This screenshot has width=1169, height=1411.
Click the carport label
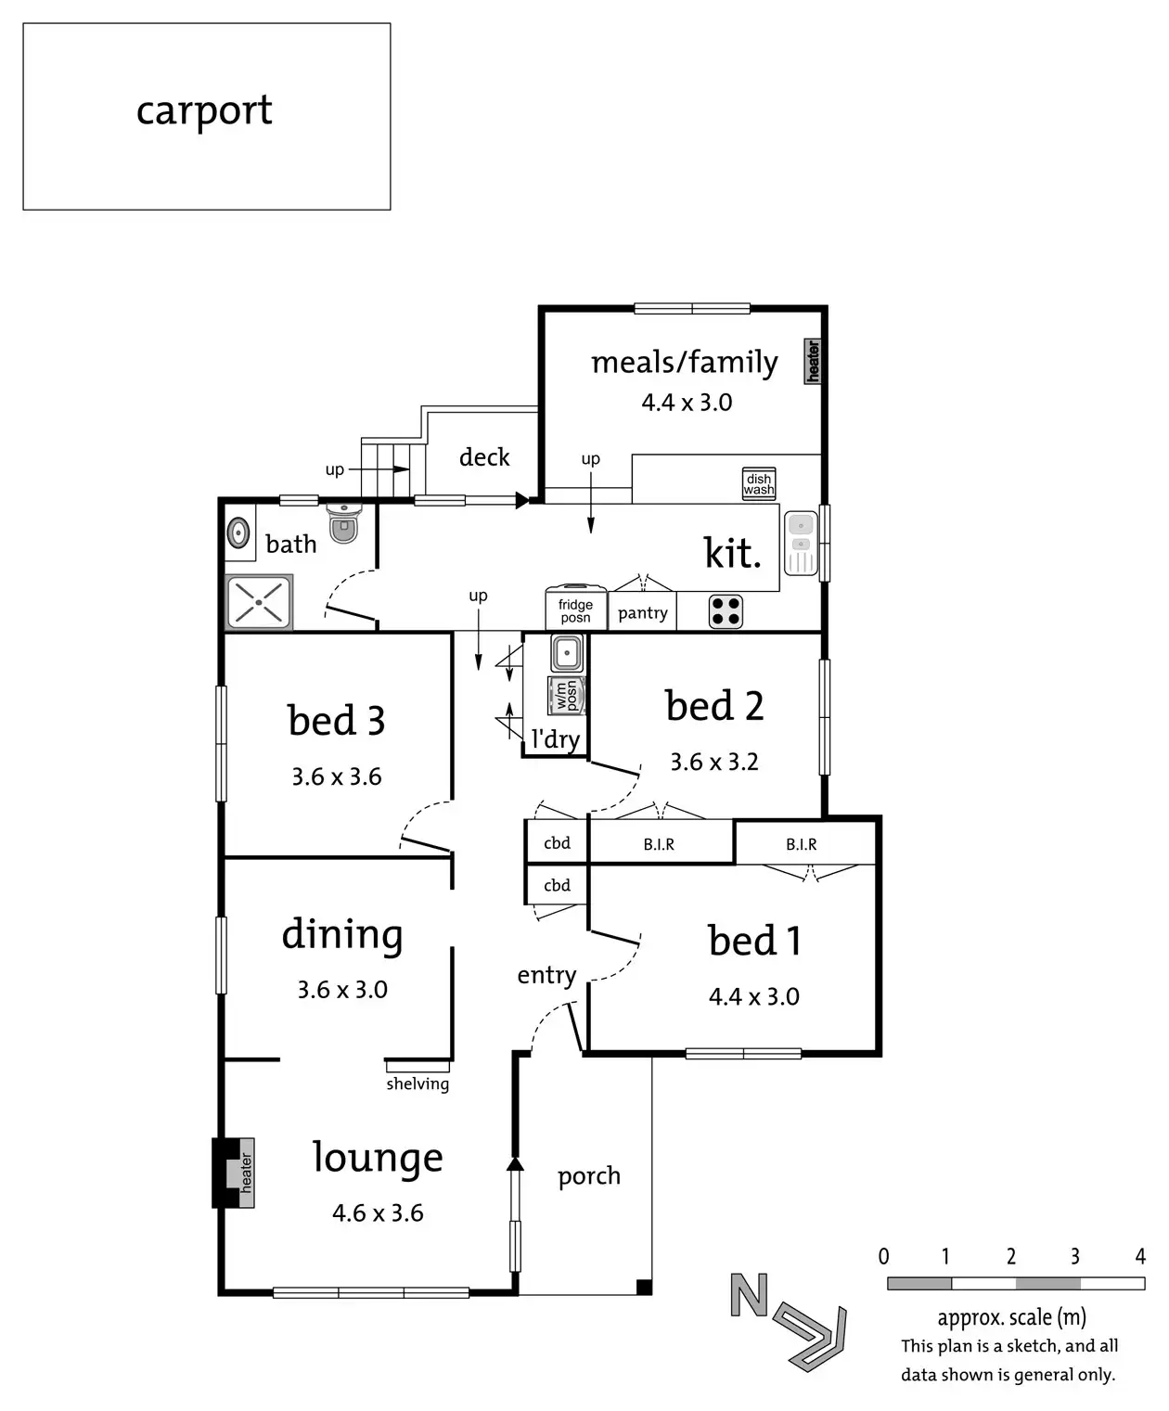coord(204,111)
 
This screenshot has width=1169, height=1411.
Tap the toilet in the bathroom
coord(343,524)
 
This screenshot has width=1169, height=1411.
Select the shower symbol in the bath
coord(259,602)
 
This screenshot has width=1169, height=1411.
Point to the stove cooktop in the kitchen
coord(726,612)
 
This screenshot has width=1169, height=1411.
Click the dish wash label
coord(759,484)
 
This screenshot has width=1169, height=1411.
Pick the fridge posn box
coord(575,609)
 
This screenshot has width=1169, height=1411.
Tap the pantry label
coord(642,613)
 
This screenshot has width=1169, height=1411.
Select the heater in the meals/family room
coord(813,361)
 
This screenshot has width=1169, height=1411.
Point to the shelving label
coord(417,1084)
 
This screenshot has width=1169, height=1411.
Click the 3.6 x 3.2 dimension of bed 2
coord(714,762)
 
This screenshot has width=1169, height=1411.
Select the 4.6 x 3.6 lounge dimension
coord(378,1212)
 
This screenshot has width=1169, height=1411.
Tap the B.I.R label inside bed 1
coord(802,844)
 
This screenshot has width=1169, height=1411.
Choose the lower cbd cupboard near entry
coord(557,885)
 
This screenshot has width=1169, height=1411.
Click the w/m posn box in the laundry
coord(567,695)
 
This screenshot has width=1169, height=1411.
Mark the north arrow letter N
coord(750,1295)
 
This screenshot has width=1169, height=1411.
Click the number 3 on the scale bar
coord(1074,1256)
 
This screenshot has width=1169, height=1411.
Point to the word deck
coord(484,457)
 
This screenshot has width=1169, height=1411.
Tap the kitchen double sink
coord(801,543)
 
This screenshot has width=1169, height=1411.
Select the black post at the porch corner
coord(644,1287)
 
